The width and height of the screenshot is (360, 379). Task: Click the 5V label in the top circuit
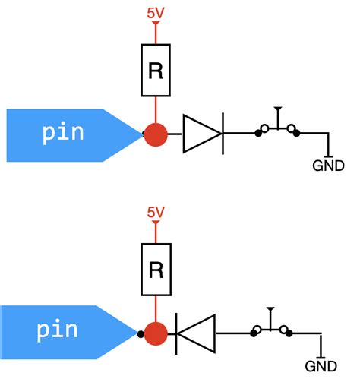(x=155, y=13)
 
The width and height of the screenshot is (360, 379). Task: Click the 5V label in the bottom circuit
(x=155, y=214)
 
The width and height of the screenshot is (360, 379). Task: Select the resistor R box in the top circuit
(x=155, y=71)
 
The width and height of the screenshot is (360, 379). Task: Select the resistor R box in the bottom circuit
(x=155, y=270)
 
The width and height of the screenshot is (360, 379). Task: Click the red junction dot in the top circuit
(x=156, y=134)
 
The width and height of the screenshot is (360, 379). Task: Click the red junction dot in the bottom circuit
(x=156, y=333)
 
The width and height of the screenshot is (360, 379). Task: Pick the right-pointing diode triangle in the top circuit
(x=201, y=134)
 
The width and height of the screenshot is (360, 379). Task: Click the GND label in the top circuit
(x=328, y=166)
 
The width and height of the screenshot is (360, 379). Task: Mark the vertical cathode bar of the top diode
(x=223, y=134)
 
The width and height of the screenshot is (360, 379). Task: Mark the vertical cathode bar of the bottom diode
(x=177, y=333)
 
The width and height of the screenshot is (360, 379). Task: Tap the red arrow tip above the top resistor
(x=155, y=27)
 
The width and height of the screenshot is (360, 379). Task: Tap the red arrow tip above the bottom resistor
(x=155, y=226)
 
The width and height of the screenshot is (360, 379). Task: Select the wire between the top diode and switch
(x=240, y=134)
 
